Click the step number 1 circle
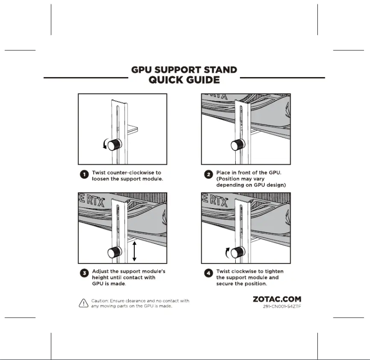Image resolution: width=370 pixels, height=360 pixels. click(x=84, y=174)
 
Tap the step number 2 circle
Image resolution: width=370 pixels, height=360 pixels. click(x=209, y=174)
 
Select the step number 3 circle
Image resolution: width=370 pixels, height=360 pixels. click(x=84, y=273)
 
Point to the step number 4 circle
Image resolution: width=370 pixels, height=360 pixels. click(x=209, y=273)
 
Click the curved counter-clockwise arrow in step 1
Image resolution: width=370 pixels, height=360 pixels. click(x=105, y=144)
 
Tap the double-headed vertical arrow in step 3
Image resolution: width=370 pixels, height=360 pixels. click(x=134, y=251)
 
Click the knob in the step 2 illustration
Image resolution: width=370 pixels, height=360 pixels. click(x=238, y=145)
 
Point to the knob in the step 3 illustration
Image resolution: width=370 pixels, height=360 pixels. click(x=115, y=252)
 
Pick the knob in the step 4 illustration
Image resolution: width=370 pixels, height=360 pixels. click(x=238, y=252)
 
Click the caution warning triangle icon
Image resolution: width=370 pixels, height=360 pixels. click(x=84, y=303)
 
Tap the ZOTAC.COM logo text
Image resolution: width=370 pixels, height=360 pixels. click(x=277, y=299)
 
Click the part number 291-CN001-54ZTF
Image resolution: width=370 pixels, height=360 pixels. click(x=282, y=306)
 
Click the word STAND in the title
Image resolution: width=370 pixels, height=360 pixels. click(x=221, y=70)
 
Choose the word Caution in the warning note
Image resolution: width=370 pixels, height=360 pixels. click(x=100, y=301)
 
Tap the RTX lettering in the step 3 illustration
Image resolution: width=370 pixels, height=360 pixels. click(x=95, y=202)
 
